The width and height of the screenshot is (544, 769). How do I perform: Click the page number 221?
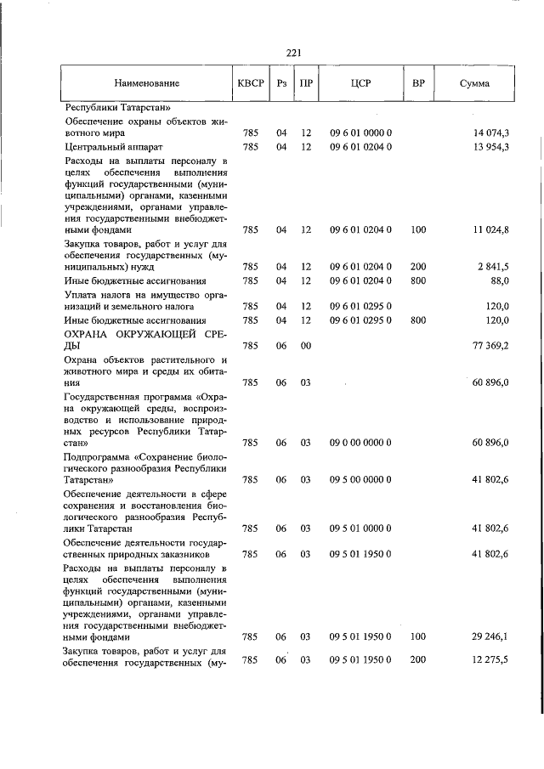pos(295,52)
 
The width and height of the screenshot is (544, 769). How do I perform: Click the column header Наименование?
pos(147,84)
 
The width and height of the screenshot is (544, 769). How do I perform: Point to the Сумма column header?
pos(474,84)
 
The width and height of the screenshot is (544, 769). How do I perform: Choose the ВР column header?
pos(417,84)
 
